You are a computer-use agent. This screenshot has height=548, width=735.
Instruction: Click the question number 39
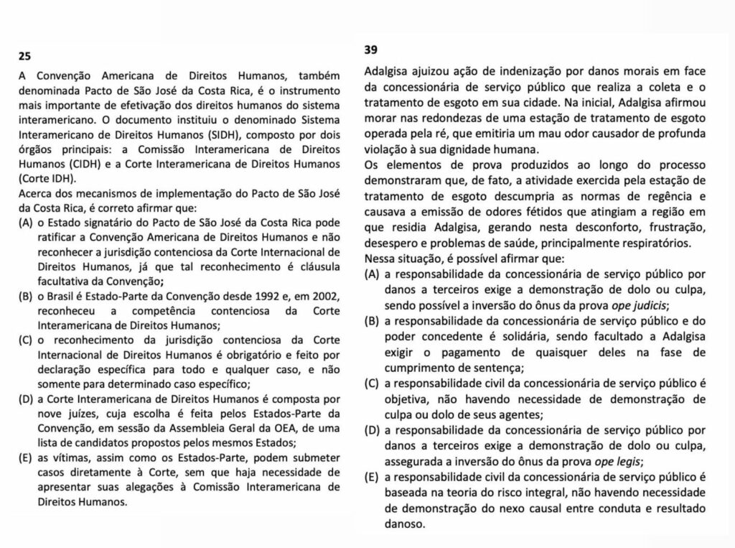coord(373,50)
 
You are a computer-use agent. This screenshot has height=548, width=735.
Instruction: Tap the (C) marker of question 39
coord(373,384)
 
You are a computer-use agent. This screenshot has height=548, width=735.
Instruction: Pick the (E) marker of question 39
coord(373,477)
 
